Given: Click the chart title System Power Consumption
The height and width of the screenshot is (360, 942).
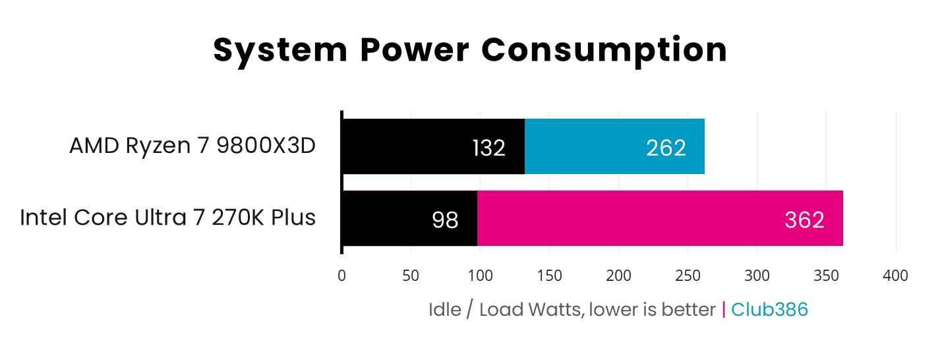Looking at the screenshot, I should click(470, 50).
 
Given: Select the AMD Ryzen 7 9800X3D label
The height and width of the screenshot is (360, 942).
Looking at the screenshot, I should click(192, 146).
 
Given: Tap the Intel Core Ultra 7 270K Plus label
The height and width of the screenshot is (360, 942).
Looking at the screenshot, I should click(167, 217).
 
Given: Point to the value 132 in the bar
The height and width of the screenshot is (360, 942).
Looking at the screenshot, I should click(488, 148).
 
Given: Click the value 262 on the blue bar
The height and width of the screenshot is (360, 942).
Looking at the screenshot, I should click(666, 148).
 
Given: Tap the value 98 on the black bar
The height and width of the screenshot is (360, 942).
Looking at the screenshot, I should click(445, 220).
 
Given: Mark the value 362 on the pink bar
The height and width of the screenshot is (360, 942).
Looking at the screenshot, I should click(804, 220).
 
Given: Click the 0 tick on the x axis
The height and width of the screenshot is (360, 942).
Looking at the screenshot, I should click(341, 276).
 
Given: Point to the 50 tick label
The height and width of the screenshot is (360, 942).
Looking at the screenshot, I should click(411, 276).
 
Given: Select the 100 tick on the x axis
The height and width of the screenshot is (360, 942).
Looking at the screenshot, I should click(480, 276).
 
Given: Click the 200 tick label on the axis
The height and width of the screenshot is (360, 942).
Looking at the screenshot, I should click(618, 276).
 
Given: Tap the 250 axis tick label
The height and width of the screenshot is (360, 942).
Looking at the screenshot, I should click(688, 276).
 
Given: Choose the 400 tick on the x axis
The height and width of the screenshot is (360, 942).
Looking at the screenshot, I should click(895, 276).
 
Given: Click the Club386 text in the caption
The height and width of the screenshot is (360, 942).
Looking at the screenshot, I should click(769, 309).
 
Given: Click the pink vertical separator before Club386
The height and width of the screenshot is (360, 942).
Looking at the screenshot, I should click(724, 309).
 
